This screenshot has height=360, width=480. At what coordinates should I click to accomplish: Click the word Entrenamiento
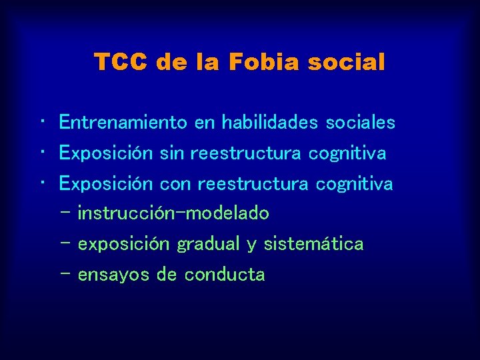pos(123,123)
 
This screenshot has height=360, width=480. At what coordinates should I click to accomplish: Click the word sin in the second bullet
pos(172,153)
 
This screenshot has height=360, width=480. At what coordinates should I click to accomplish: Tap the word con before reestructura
pos(176,183)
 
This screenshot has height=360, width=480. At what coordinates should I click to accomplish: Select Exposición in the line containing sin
pos(107,153)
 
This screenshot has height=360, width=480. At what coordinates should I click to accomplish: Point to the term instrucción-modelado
pos(173,213)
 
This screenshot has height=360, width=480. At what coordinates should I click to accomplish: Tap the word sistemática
pos(313,244)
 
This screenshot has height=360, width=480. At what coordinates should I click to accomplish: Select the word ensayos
pos(114,274)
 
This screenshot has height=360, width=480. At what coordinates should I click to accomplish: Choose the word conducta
pos(225,274)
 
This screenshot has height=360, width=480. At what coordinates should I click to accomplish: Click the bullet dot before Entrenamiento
pos(41,122)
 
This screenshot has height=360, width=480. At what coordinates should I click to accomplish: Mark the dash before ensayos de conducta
pos(64,274)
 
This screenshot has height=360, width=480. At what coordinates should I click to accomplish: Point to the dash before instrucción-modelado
pos(64,213)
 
